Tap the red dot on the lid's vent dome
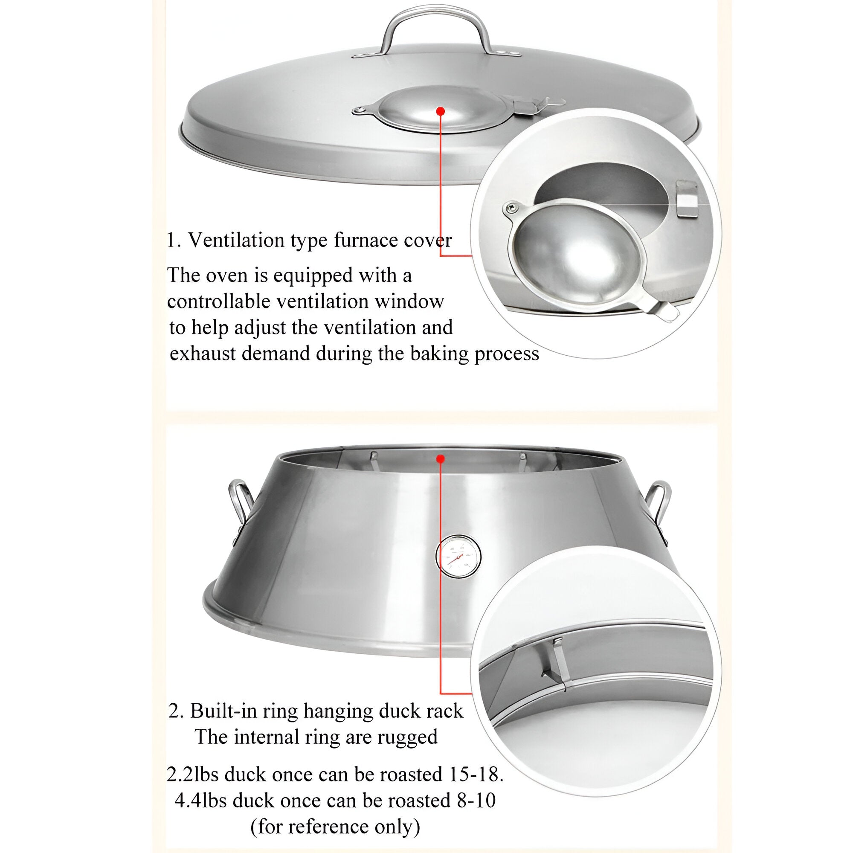pos(440,111)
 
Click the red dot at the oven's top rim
pos(440,459)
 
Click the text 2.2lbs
pos(193,775)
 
